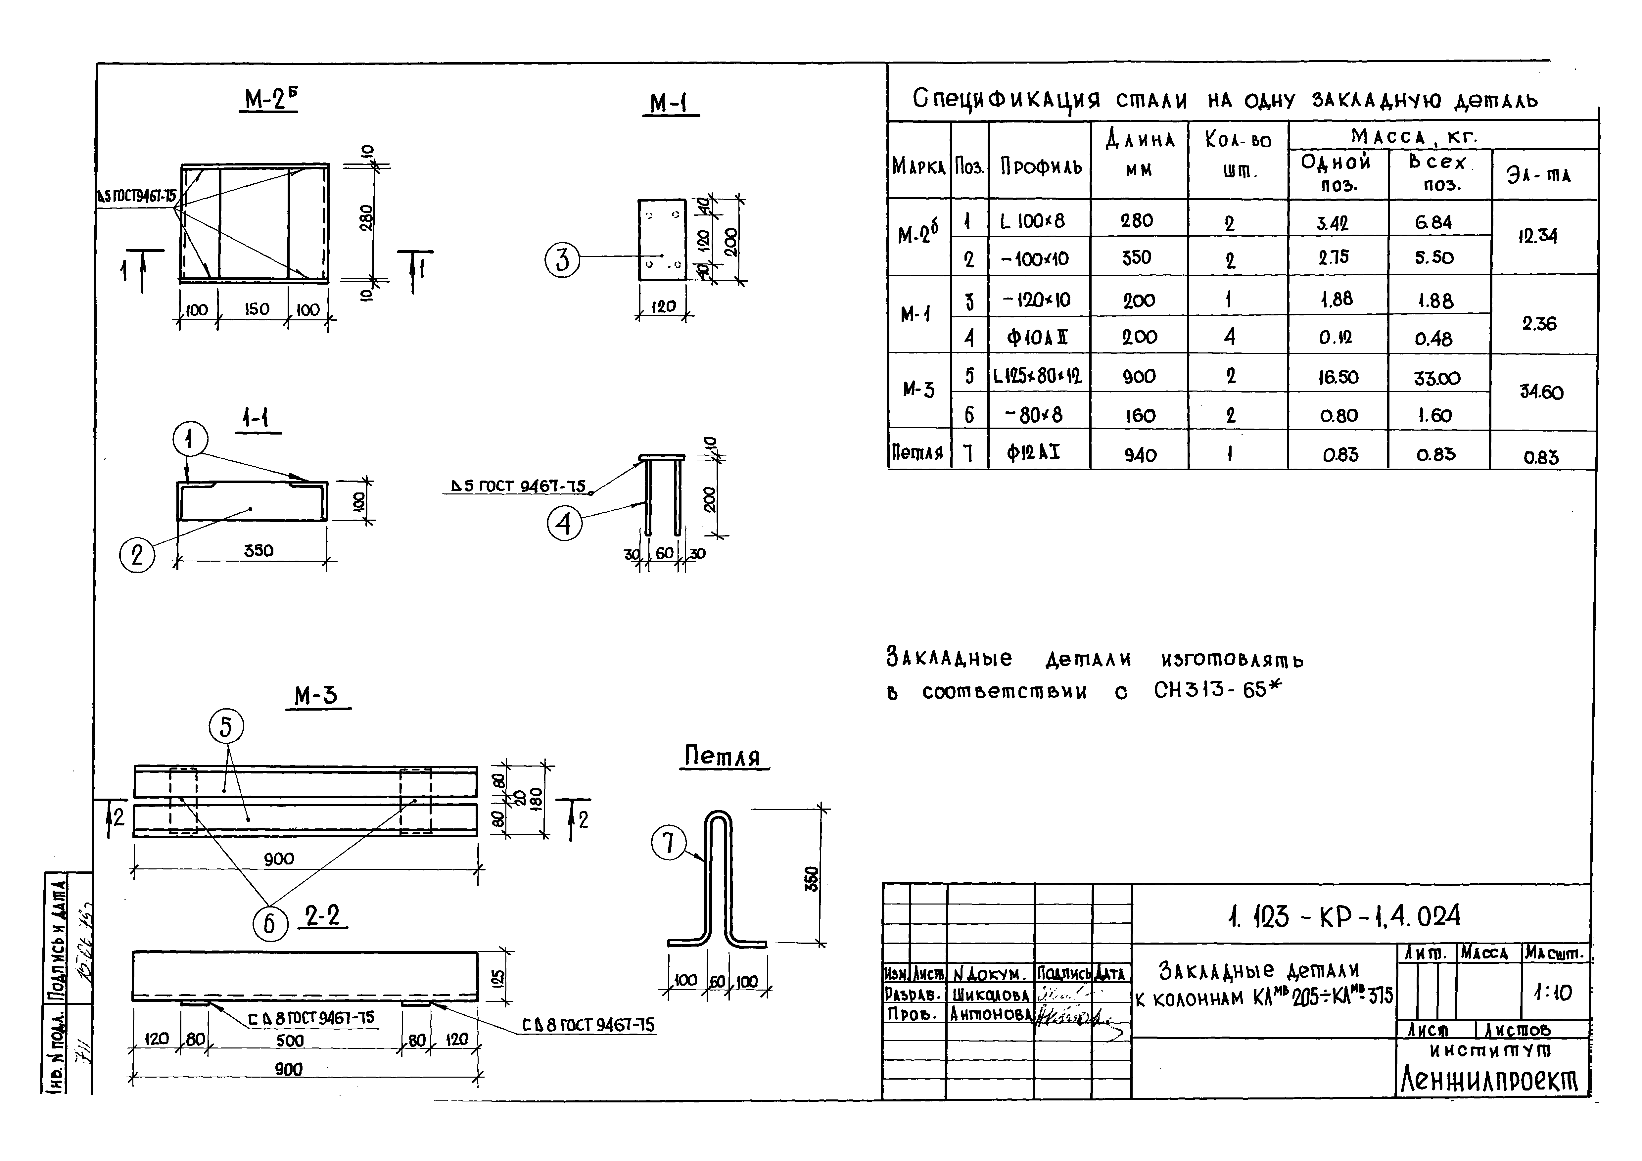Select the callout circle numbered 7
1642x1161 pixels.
click(668, 844)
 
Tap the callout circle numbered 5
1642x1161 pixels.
click(226, 727)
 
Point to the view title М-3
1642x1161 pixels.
click(316, 696)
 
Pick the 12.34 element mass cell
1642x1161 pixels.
click(1538, 236)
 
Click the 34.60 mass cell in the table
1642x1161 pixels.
click(1541, 392)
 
